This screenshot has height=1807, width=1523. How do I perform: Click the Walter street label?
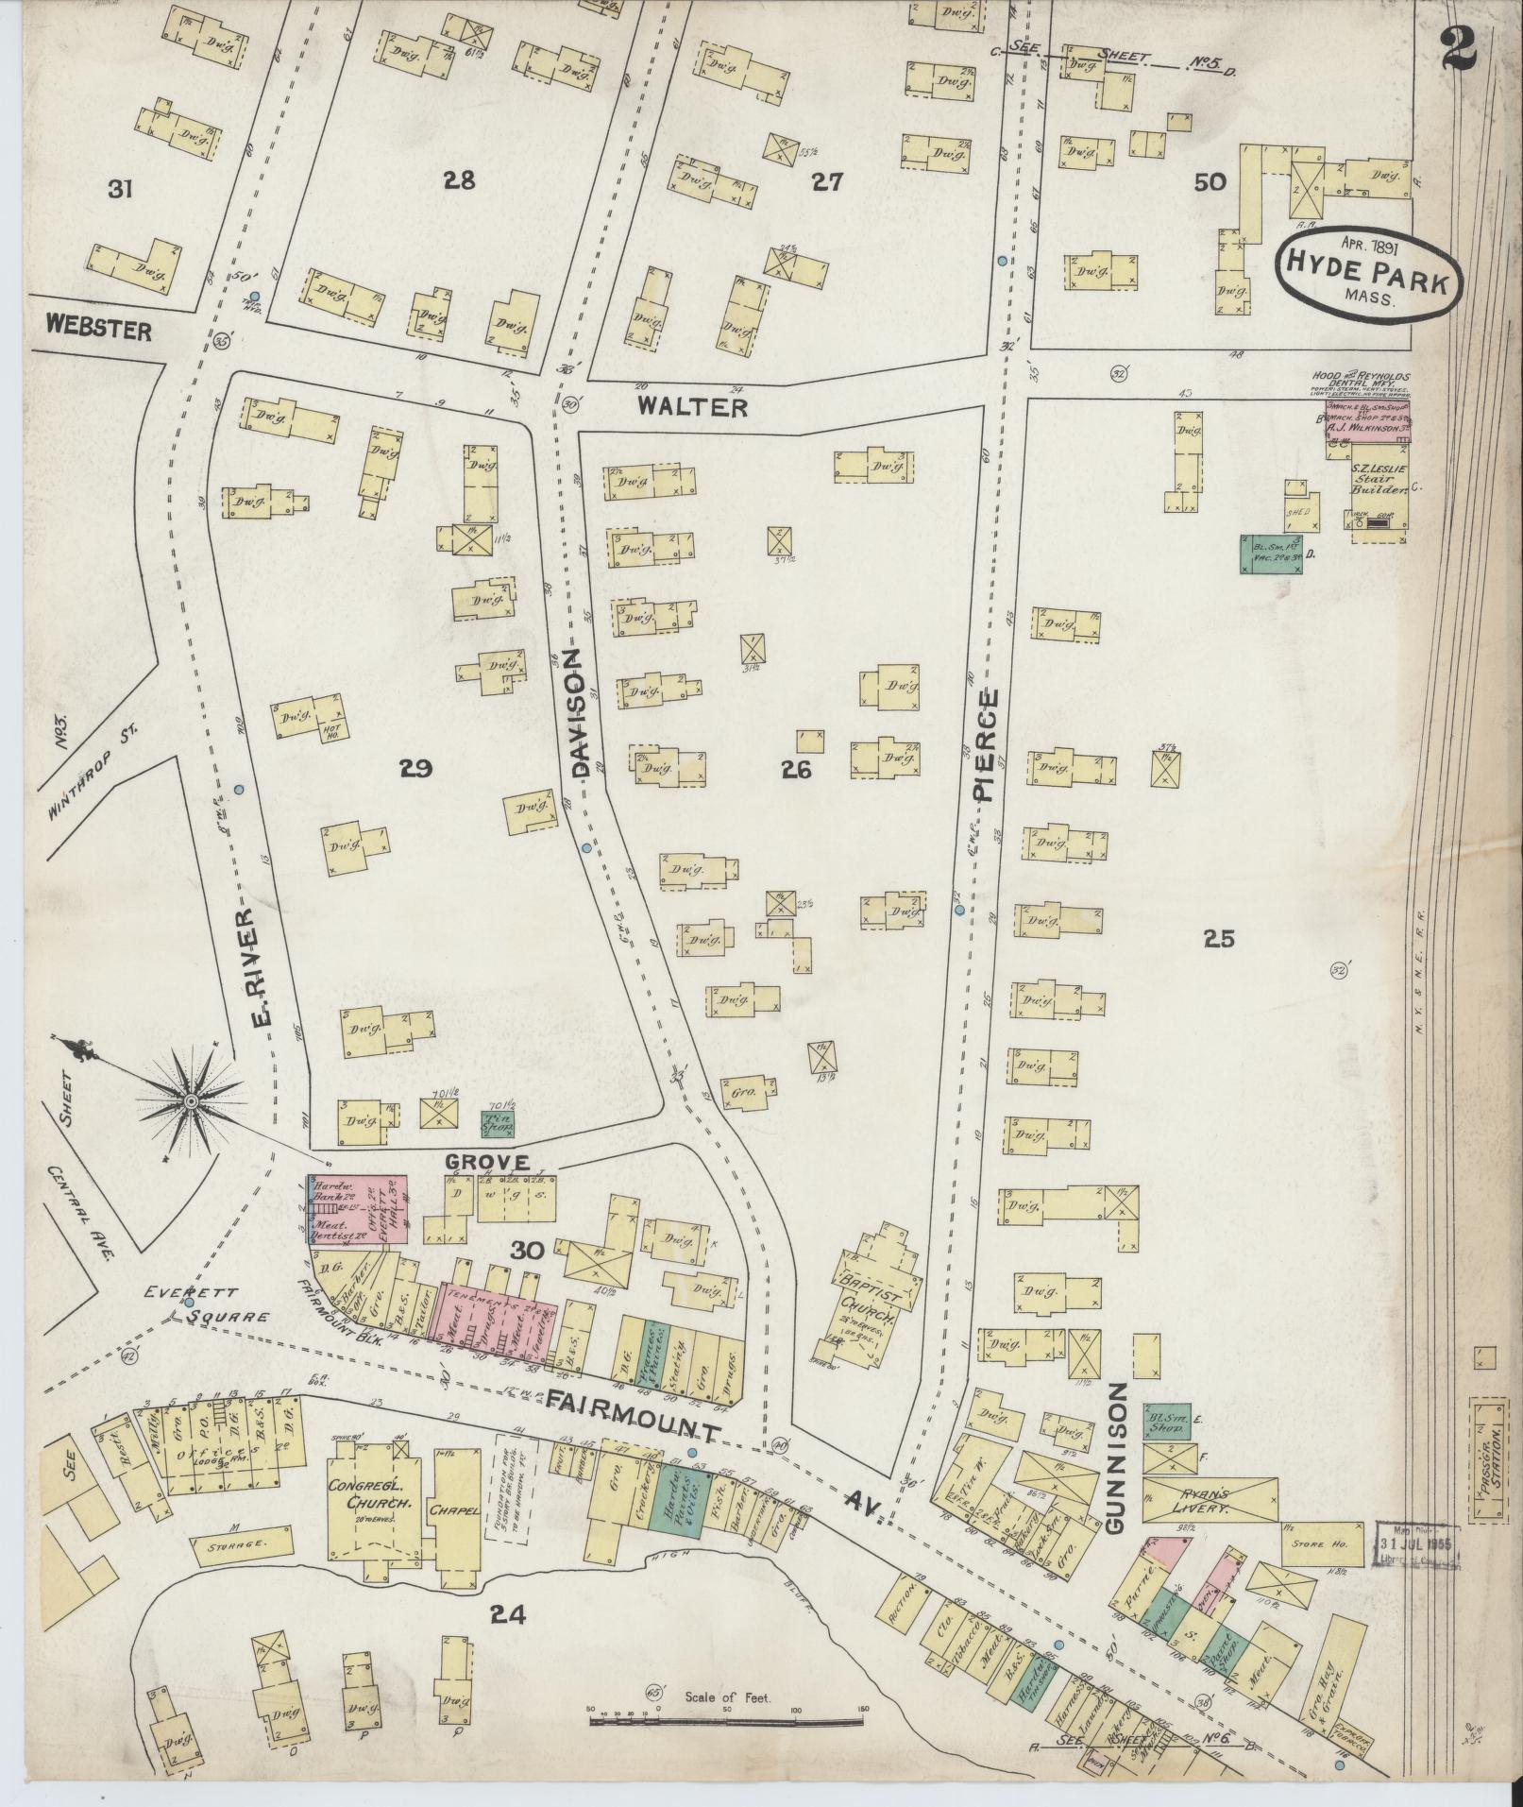coord(691,407)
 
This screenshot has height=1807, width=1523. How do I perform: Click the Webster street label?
coord(98,331)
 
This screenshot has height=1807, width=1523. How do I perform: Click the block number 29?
coord(415,769)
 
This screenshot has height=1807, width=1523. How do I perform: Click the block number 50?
coord(1210,183)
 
